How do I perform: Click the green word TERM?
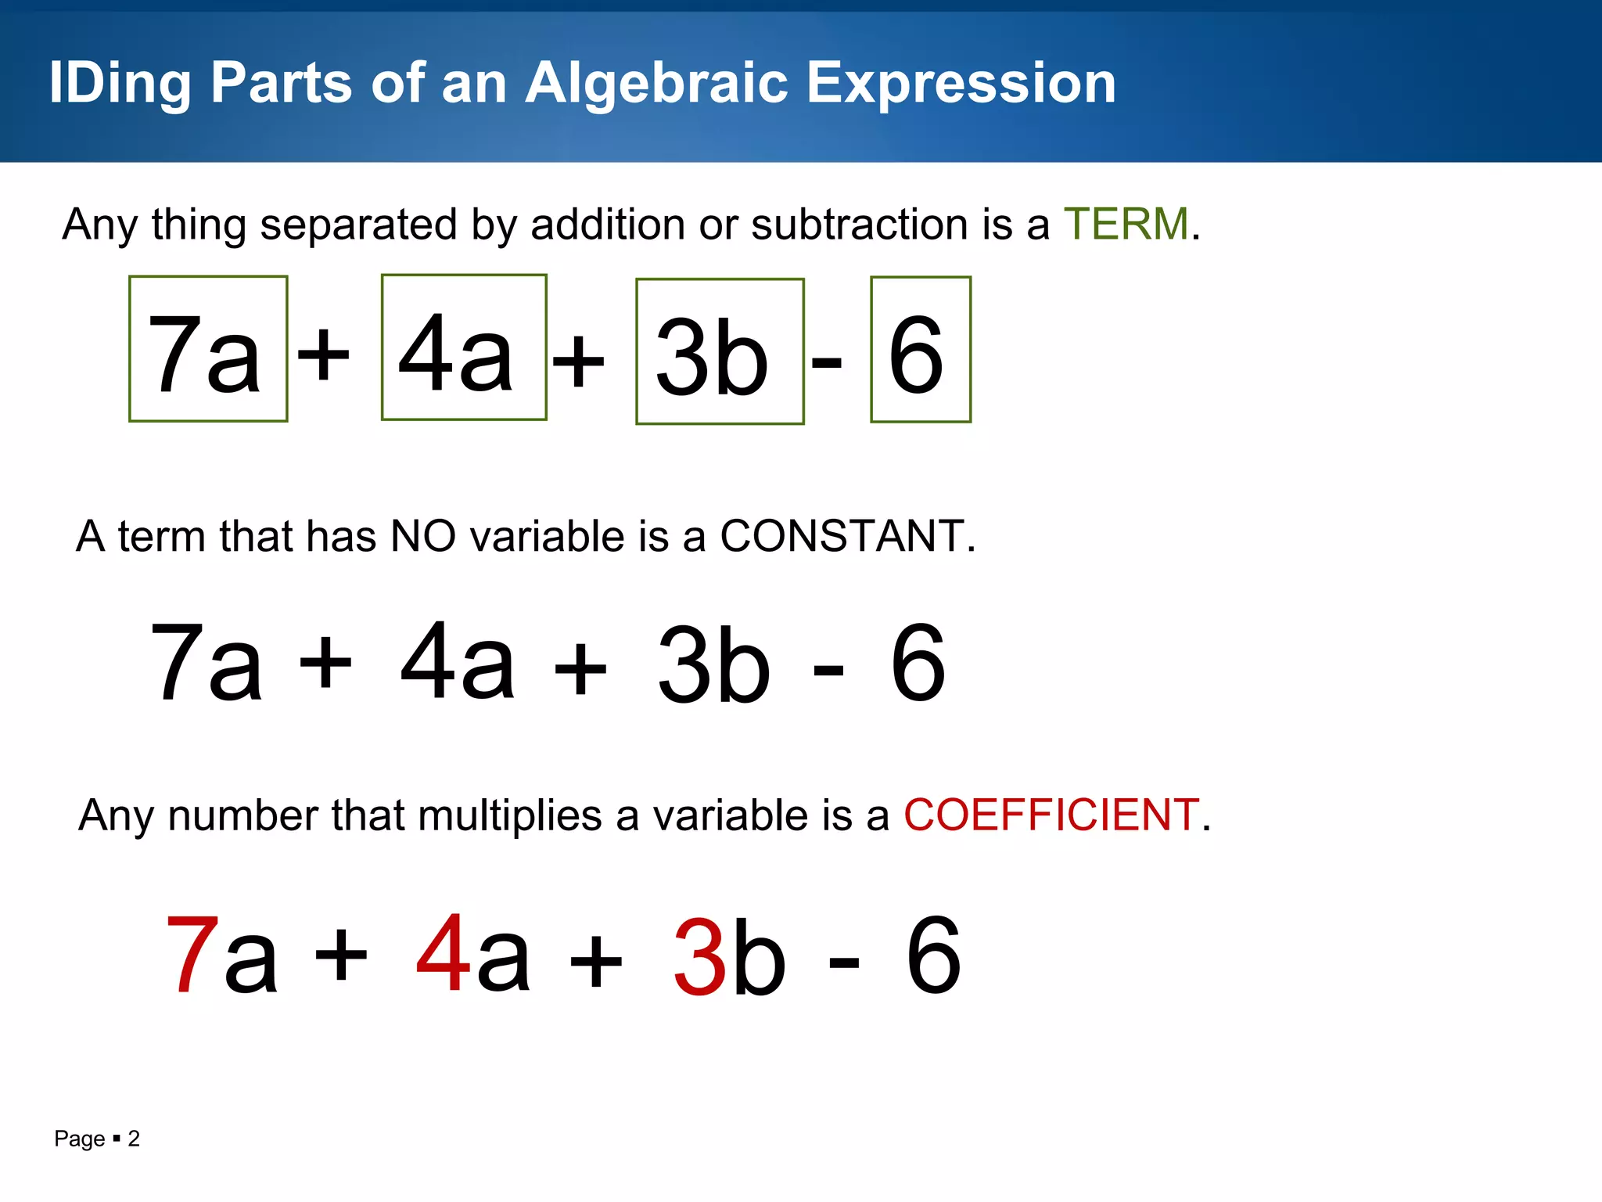point(1126,225)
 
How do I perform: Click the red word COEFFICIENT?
point(1051,815)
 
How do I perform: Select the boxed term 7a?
point(208,349)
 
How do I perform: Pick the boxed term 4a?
point(464,347)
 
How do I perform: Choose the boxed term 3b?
point(720,351)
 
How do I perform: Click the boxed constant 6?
point(921,350)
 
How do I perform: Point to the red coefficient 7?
point(192,955)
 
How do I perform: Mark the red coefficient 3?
point(699,958)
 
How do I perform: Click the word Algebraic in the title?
point(657,83)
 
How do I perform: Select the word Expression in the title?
point(961,83)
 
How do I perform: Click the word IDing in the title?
point(120,83)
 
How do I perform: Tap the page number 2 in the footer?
point(134,1139)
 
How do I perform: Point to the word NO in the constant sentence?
point(422,537)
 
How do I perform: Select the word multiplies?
point(509,815)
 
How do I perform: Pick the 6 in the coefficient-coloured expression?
point(933,955)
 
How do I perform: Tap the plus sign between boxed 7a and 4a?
point(324,354)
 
